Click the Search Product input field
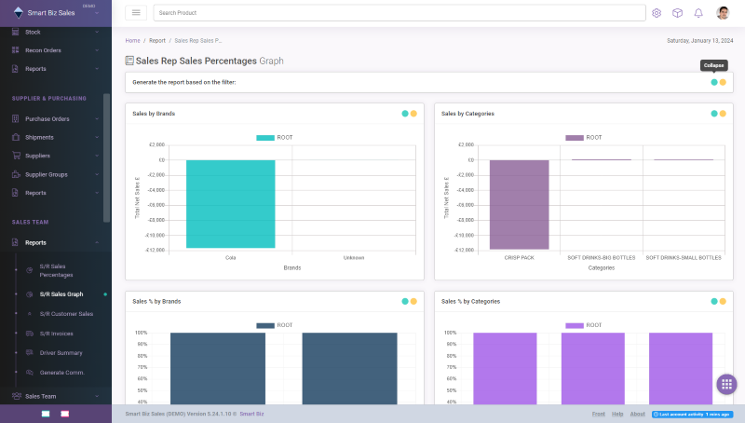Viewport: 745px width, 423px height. click(399, 13)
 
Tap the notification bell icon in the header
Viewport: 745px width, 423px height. click(698, 13)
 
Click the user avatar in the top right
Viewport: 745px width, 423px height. click(723, 13)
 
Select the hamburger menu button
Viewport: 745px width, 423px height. click(136, 13)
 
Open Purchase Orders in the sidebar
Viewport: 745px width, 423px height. click(47, 119)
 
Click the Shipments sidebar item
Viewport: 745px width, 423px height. click(39, 137)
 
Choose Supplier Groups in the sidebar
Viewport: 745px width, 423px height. click(46, 174)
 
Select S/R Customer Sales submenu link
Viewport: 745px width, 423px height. click(66, 314)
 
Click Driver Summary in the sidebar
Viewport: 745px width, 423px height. click(61, 352)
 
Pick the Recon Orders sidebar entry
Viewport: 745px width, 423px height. click(43, 50)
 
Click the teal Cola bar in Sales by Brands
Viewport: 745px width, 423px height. click(230, 203)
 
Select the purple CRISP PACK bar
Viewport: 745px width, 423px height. click(519, 204)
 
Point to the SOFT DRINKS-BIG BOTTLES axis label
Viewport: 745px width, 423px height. click(602, 257)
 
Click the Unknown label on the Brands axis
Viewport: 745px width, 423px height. click(354, 257)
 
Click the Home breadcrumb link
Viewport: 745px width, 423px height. click(133, 41)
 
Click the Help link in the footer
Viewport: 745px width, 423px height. click(617, 414)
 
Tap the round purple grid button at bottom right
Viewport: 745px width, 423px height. click(726, 384)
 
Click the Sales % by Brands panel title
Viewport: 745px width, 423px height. click(156, 301)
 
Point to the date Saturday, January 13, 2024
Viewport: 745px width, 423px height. click(699, 41)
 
